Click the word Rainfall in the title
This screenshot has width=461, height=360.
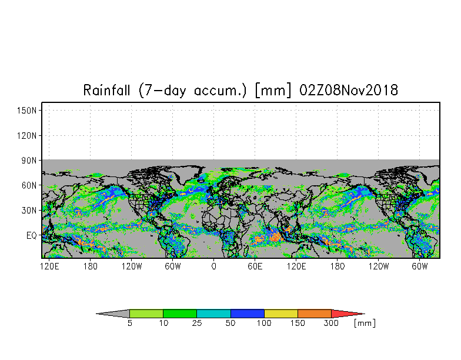pos(106,90)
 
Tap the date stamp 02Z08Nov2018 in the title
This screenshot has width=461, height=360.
pos(349,90)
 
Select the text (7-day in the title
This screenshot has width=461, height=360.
pos(162,91)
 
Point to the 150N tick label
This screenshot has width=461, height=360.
pos(27,111)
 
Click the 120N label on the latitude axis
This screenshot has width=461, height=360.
pos(27,136)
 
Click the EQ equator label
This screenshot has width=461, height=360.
pos(32,235)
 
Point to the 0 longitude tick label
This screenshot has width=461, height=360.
pos(214,266)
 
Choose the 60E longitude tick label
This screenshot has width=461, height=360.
pos(255,266)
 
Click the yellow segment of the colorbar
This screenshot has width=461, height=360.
pos(281,314)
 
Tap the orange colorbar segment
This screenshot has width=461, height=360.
pos(315,314)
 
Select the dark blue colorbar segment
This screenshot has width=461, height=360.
pos(248,314)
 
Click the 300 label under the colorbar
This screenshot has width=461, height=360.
pos(331,324)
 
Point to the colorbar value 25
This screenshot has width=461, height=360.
pos(196,324)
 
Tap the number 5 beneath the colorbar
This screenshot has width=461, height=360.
pos(129,324)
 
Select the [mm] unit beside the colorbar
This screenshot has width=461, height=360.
pos(365,324)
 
